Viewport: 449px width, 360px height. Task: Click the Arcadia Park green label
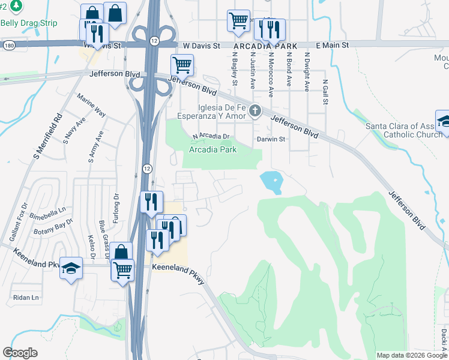(x=212, y=149)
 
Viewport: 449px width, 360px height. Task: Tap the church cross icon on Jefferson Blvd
(x=256, y=110)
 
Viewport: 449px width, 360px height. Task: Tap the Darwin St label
(x=270, y=139)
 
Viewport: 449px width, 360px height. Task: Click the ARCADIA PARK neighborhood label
(x=258, y=46)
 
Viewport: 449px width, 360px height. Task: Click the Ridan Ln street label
(x=26, y=297)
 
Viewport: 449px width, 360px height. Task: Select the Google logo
(x=20, y=353)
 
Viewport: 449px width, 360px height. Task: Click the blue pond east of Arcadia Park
(x=272, y=181)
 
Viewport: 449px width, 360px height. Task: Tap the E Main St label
(x=331, y=45)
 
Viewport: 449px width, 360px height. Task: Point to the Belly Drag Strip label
(x=29, y=23)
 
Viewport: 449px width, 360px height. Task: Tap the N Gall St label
(x=325, y=92)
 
